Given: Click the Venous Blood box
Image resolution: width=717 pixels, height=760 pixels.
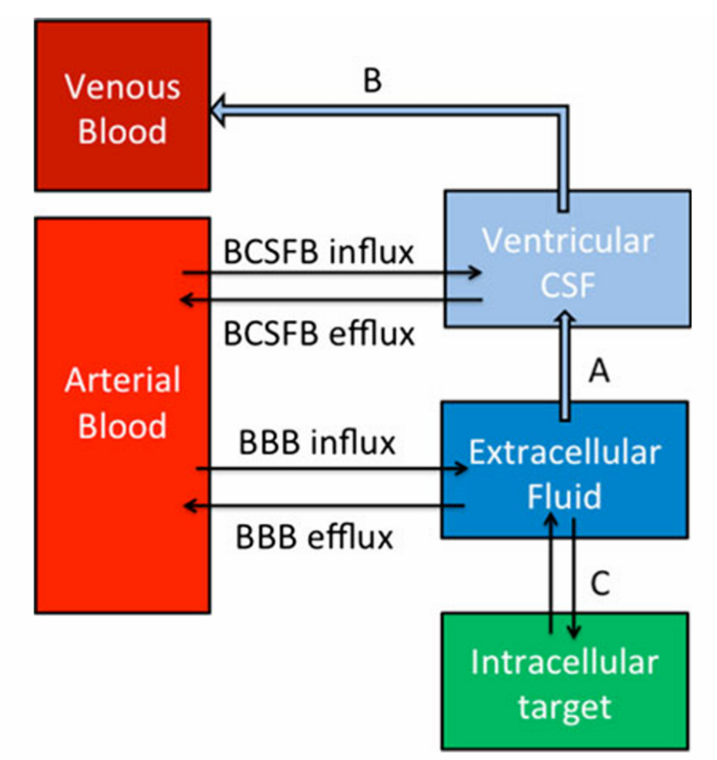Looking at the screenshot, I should (122, 105).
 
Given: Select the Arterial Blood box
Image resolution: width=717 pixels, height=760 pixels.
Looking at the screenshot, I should (122, 415).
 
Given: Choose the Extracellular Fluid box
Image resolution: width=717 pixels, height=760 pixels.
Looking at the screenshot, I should (564, 469).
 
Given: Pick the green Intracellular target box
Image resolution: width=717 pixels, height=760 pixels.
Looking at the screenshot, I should (564, 681).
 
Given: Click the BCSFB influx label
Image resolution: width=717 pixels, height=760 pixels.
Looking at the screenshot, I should (318, 251).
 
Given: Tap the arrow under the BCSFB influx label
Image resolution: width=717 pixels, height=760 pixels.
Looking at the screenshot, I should (331, 272).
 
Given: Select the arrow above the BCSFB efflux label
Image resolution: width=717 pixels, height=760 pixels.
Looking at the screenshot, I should (331, 300).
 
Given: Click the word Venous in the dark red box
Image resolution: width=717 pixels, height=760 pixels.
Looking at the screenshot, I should (122, 86).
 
